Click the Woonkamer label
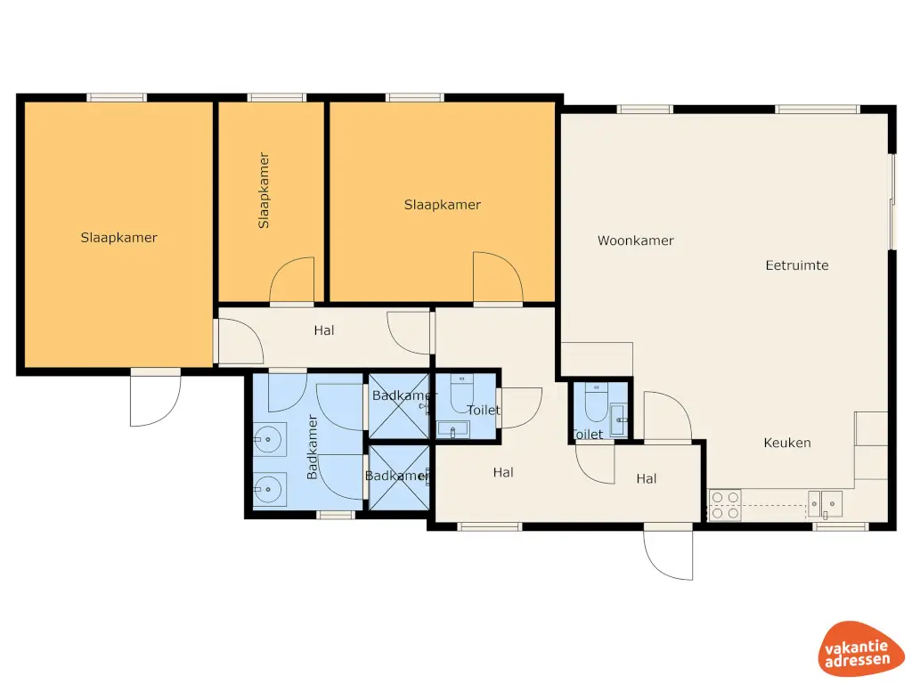[635, 240]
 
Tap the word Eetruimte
[797, 265]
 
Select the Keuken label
[787, 443]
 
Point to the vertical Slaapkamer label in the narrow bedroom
[264, 191]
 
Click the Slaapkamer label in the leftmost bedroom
[119, 238]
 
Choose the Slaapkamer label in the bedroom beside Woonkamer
[443, 205]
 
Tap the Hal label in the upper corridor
[324, 330]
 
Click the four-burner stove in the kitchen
[725, 505]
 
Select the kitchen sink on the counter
[825, 504]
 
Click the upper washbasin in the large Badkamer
[269, 437]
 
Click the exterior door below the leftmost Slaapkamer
[155, 398]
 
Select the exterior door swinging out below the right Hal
[668, 552]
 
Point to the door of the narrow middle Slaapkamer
[292, 281]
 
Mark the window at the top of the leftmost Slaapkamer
[116, 97]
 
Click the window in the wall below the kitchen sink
[840, 526]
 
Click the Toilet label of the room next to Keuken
[587, 435]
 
